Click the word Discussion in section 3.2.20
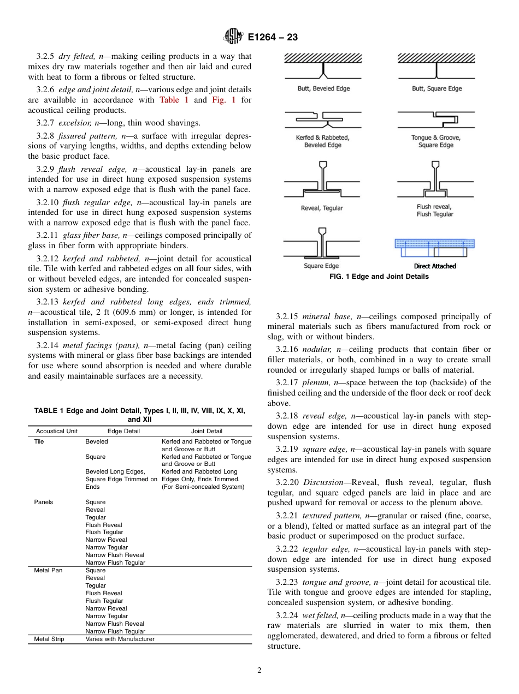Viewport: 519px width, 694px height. pyautogui.click(x=323, y=482)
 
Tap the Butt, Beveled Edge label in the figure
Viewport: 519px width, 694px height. pyautogui.click(x=323, y=88)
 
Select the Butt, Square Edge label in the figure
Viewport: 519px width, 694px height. pyautogui.click(x=437, y=88)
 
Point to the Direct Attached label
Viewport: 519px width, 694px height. pyautogui.click(x=434, y=266)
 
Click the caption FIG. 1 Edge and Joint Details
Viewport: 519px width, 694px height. pyautogui.click(x=379, y=277)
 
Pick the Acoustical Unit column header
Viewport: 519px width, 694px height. pyautogui.click(x=56, y=431)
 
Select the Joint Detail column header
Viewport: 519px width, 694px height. pyautogui.click(x=207, y=431)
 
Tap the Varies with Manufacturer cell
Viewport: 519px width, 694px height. pyautogui.click(x=120, y=639)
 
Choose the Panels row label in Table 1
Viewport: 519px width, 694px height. pyautogui.click(x=43, y=502)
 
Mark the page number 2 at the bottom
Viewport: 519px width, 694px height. pyautogui.click(x=259, y=671)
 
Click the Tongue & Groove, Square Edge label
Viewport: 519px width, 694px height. pyautogui.click(x=435, y=141)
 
